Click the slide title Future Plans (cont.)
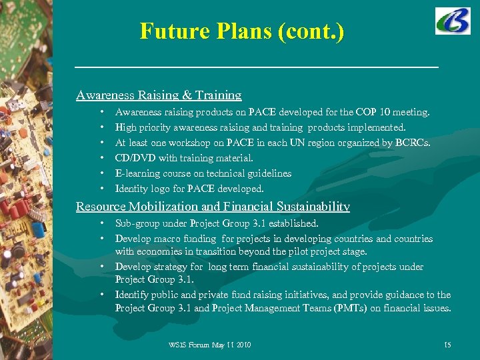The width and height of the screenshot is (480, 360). pos(242,31)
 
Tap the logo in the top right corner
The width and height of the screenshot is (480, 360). pos(453,21)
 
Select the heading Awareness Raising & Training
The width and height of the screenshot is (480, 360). pos(159,95)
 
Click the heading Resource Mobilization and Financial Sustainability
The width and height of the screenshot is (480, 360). pos(213,207)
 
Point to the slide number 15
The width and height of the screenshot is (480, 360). pos(447,345)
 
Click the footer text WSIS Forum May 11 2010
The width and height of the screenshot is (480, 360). pos(210,345)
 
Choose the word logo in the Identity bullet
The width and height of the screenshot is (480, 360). pos(163,189)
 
